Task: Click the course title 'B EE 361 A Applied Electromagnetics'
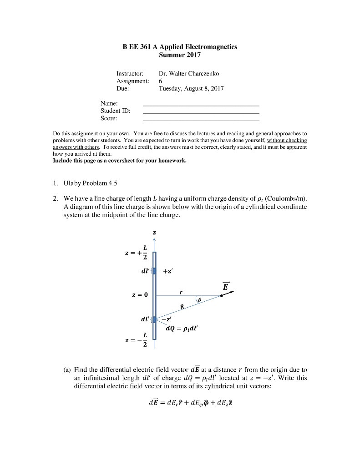(x=180, y=47)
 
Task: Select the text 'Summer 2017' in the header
(x=180, y=55)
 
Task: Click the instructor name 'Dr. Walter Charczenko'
(x=189, y=73)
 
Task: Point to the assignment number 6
(x=160, y=81)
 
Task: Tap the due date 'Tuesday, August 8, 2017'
(x=191, y=88)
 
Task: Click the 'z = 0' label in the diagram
(x=139, y=295)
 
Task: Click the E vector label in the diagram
(x=226, y=287)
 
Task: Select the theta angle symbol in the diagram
(x=198, y=300)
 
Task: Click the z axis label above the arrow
(x=154, y=233)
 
